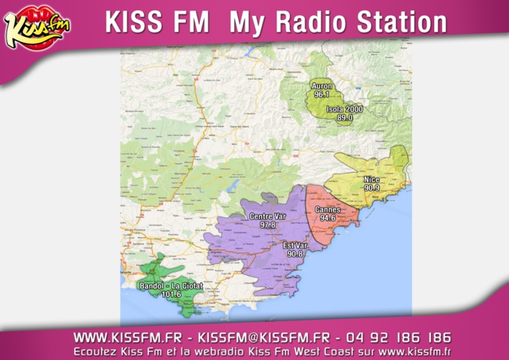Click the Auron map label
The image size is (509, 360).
[x=322, y=86]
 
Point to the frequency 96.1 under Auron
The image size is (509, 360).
[x=322, y=95]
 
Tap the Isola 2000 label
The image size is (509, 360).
[x=344, y=109]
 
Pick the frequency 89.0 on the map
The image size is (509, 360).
[x=344, y=118]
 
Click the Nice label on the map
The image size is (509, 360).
[x=371, y=180]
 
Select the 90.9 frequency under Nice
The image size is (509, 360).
[x=371, y=189]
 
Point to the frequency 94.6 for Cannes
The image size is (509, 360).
[x=327, y=218]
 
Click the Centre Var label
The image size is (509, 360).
[x=267, y=217]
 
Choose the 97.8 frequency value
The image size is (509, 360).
[x=267, y=225]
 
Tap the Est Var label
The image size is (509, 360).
[x=295, y=245]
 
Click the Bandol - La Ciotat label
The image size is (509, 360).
[x=171, y=285]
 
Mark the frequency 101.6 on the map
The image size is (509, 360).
[x=171, y=294]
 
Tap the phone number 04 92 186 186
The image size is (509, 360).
[x=399, y=337]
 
